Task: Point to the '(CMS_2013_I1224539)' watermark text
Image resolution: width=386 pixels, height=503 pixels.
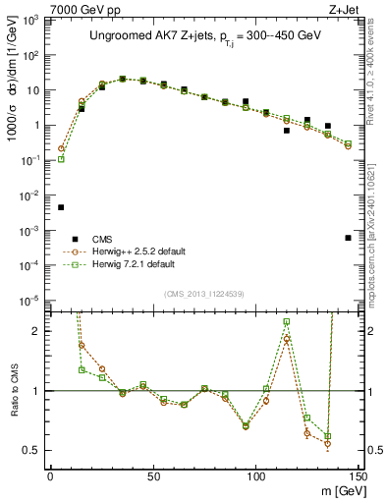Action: click(x=203, y=293)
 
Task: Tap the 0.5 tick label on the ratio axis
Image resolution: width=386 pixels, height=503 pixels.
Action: click(x=30, y=450)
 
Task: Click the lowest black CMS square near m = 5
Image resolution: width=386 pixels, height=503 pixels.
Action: click(x=61, y=207)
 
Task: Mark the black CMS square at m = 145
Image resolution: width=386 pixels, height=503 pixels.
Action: click(x=348, y=238)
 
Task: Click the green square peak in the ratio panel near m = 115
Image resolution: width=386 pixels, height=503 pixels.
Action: click(x=287, y=321)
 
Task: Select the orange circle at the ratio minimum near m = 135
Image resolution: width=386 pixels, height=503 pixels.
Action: click(x=328, y=443)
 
